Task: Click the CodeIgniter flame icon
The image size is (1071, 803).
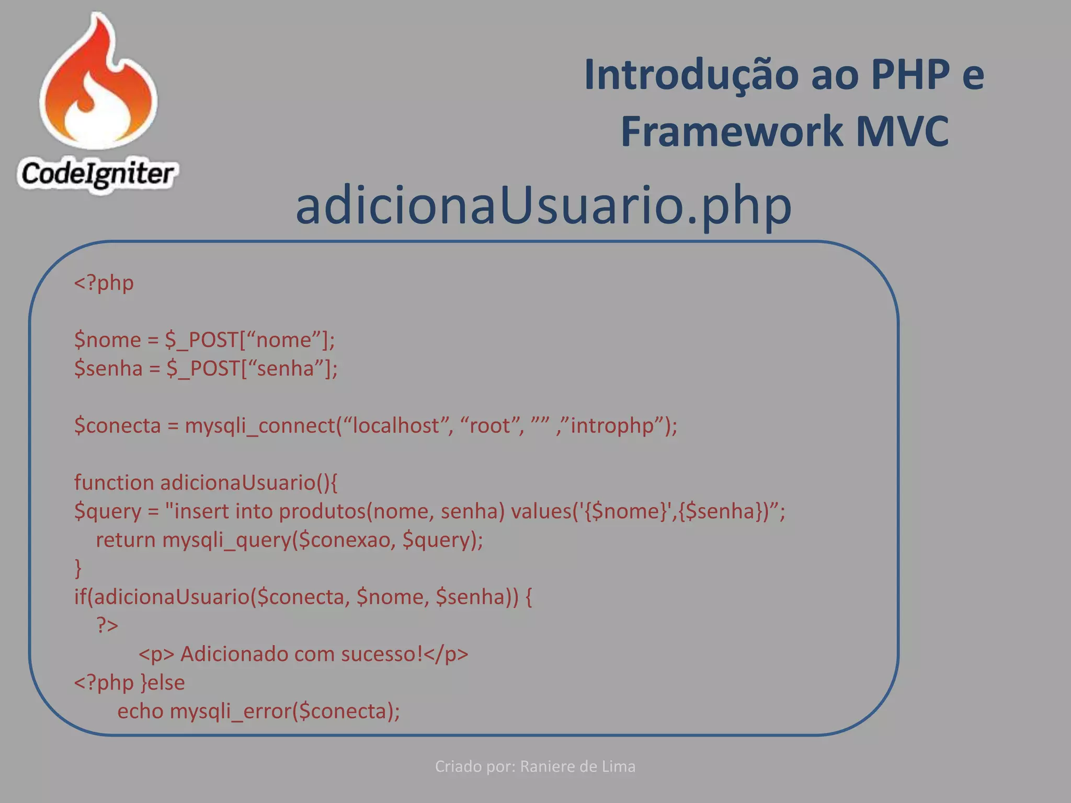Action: tap(98, 84)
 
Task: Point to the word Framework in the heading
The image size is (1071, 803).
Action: tap(732, 131)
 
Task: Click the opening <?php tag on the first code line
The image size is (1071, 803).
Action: tap(104, 283)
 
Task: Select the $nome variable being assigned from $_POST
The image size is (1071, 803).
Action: tap(108, 340)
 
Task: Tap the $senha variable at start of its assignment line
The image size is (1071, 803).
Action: tap(108, 369)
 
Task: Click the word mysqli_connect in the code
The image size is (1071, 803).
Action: tap(259, 426)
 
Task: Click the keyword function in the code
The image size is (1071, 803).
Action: tap(114, 483)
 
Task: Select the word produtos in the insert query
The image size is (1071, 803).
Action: tap(322, 511)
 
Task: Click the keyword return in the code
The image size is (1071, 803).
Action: tap(126, 540)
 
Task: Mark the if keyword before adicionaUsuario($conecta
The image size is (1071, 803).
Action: tap(80, 596)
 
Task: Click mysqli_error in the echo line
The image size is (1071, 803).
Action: tap(231, 712)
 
